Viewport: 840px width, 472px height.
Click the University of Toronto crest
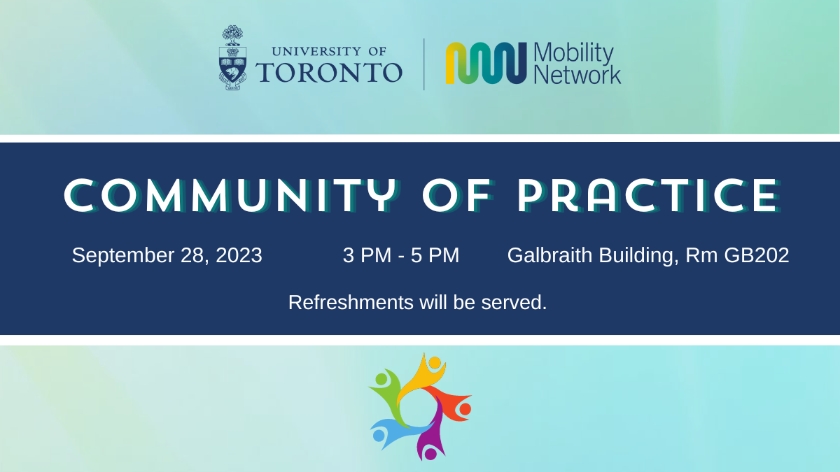click(232, 57)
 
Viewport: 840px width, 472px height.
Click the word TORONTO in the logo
click(329, 72)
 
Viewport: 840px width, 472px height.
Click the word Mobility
click(573, 54)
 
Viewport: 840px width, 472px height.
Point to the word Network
click(577, 75)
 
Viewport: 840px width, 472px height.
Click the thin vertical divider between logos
click(424, 64)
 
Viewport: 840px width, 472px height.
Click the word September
click(123, 256)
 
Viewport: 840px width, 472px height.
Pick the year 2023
click(239, 255)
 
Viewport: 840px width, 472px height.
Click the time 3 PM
click(367, 255)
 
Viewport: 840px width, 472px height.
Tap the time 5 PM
click(435, 255)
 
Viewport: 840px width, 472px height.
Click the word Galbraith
click(550, 255)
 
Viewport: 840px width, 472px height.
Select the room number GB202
click(757, 255)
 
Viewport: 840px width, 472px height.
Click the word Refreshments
click(351, 302)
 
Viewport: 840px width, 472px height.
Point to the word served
click(514, 303)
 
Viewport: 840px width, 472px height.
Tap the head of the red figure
click(465, 410)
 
